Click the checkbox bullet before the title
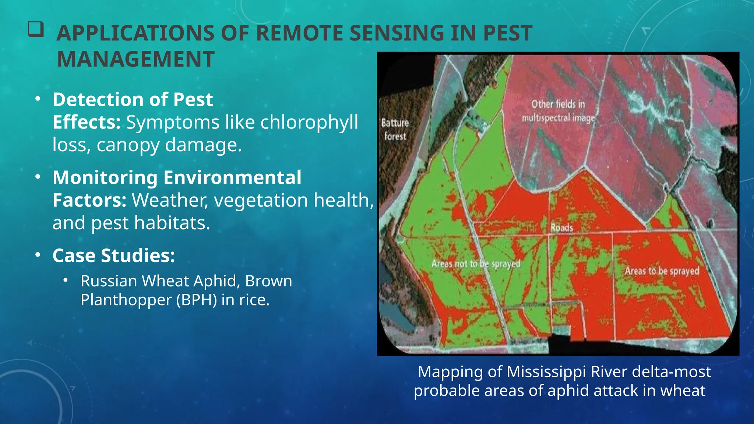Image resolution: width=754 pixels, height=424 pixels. point(36,29)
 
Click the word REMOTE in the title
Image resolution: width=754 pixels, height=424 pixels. point(299,33)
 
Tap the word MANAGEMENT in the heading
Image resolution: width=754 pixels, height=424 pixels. point(135,59)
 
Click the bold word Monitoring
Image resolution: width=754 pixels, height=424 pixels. point(105,177)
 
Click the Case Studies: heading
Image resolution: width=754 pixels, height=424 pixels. point(113,255)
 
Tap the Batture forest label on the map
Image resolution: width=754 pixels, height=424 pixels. point(395,129)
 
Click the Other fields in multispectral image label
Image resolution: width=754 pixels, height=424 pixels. point(558,111)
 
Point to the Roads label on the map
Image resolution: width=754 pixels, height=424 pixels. point(561,228)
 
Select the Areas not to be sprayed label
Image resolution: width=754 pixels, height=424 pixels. point(476,264)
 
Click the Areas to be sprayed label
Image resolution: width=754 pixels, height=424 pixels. point(662,271)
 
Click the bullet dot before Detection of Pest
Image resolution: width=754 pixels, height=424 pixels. point(38,99)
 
